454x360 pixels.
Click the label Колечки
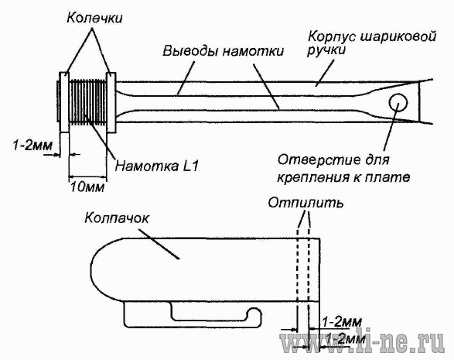click(x=94, y=18)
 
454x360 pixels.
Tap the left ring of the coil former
click(x=64, y=102)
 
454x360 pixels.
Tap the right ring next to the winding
click(x=111, y=102)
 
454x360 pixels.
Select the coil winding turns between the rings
click(x=88, y=102)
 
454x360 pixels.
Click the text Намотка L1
click(x=157, y=166)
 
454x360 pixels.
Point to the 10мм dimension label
click(x=87, y=187)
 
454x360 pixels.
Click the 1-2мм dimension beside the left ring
click(x=32, y=145)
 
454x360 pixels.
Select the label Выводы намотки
click(x=223, y=51)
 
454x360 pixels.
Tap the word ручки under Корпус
click(x=326, y=50)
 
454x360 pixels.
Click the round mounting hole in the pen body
click(x=398, y=102)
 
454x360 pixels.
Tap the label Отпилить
click(x=306, y=203)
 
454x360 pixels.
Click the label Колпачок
click(x=117, y=218)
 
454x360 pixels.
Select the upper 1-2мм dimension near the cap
click(x=342, y=322)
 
